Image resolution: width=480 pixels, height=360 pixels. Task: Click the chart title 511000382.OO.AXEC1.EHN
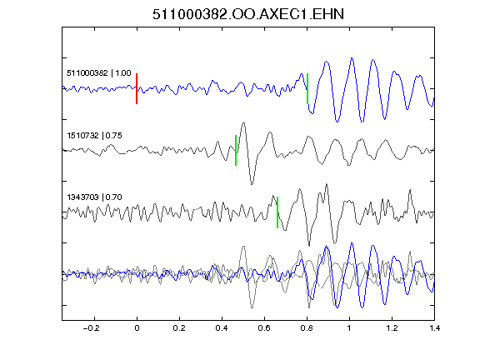(x=248, y=14)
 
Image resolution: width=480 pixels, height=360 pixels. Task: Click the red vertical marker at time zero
(x=137, y=89)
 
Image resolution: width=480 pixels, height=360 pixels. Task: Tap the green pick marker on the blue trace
(x=307, y=89)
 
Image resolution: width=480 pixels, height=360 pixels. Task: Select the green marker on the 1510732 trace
(x=236, y=150)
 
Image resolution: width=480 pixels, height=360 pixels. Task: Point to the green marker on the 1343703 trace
(x=277, y=212)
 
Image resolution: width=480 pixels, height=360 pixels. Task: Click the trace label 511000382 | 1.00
(x=99, y=73)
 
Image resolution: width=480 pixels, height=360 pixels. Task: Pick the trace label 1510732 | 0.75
(x=94, y=135)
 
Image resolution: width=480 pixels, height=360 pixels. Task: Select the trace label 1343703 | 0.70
(x=94, y=197)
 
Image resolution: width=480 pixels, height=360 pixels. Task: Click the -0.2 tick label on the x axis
(x=92, y=328)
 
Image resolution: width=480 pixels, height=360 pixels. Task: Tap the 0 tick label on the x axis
(x=137, y=328)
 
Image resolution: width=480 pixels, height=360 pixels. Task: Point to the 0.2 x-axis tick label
(x=179, y=328)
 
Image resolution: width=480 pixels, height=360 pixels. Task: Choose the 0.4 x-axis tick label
(x=222, y=328)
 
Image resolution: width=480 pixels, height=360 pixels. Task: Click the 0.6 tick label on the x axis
(x=264, y=328)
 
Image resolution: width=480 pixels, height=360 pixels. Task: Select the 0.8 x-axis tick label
(x=307, y=328)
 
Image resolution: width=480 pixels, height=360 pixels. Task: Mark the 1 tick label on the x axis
(x=349, y=328)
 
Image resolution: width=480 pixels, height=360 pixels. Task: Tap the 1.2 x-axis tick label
(x=392, y=328)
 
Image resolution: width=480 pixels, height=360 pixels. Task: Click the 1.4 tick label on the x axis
(x=434, y=328)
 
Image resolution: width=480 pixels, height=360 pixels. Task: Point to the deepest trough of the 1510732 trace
(x=252, y=184)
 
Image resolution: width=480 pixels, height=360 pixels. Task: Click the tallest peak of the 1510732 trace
(x=243, y=122)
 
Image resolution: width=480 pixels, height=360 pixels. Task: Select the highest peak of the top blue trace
(x=352, y=58)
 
